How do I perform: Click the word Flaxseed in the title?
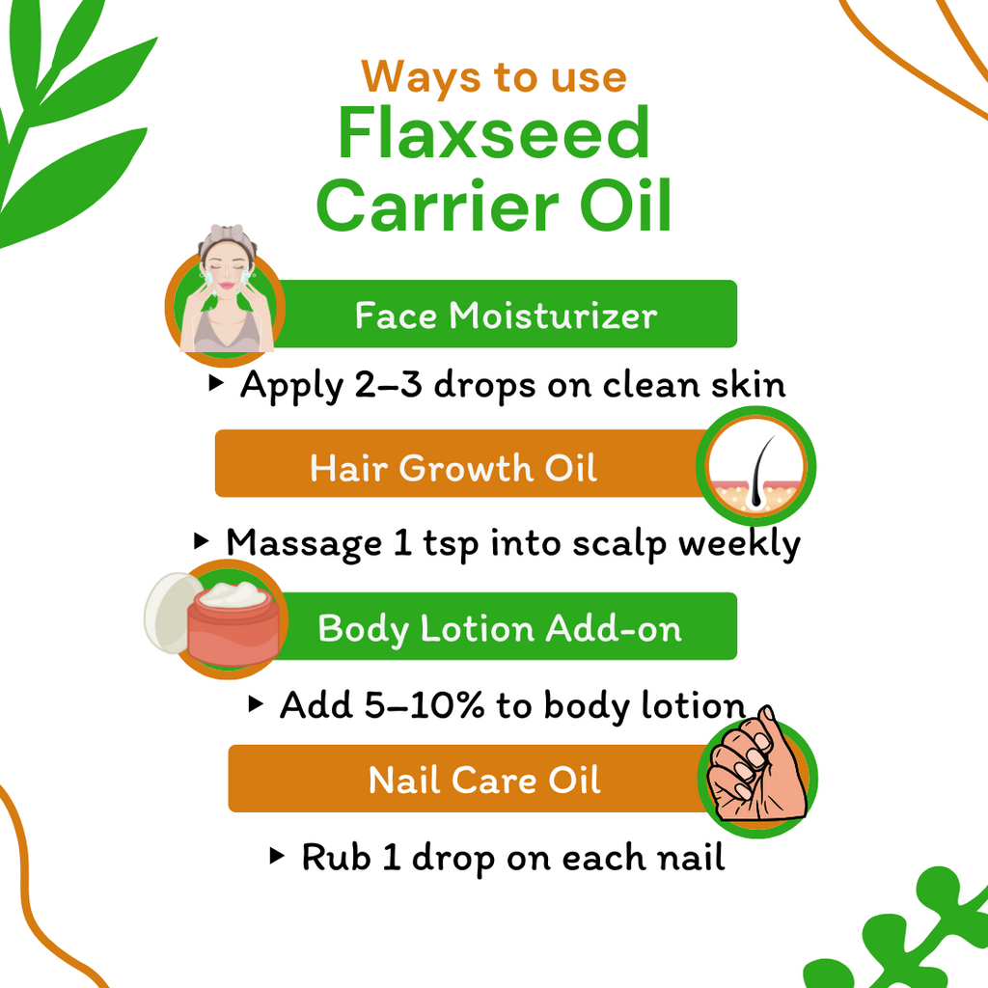coord(493,135)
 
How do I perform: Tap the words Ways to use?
coord(494,76)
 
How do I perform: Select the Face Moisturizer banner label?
coord(506,315)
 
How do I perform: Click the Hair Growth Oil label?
coord(453,468)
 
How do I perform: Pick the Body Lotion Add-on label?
coord(500,629)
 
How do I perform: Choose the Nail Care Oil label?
coord(484,780)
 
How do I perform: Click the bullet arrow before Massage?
coord(201,541)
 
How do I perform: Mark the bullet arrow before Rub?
coord(278,855)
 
